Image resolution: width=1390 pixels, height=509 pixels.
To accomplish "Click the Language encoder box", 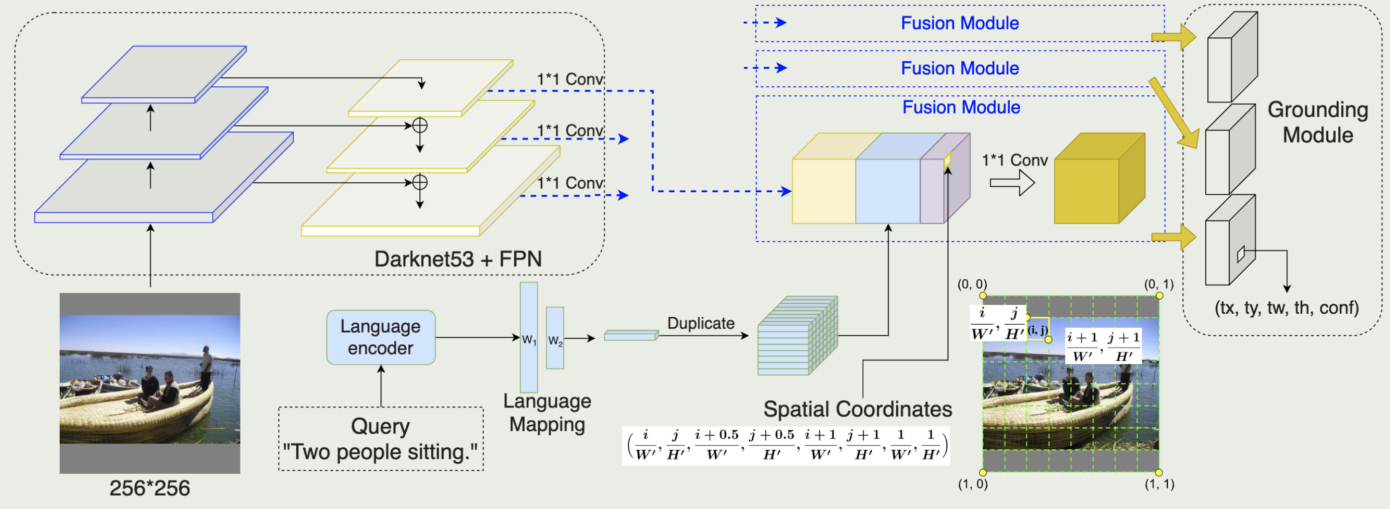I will click(x=380, y=337).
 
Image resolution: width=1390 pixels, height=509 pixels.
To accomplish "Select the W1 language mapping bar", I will click(x=529, y=337).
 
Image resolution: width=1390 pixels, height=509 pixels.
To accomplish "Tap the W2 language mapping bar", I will click(x=555, y=338).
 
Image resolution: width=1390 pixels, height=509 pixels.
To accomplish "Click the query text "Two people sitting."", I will click(x=380, y=452).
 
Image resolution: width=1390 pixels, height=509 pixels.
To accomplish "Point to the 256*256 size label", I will click(x=149, y=489).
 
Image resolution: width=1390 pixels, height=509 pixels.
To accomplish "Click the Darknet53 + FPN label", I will click(x=458, y=259).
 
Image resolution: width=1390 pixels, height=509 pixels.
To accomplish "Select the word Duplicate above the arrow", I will click(x=701, y=323).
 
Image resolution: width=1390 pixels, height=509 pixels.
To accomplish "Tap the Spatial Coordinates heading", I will click(x=857, y=409).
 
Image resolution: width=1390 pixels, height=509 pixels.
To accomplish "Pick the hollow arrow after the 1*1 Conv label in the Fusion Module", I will click(x=1012, y=183).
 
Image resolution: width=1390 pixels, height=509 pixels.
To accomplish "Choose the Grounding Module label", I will click(x=1318, y=123).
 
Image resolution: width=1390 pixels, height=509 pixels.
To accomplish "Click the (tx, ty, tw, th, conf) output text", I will click(x=1286, y=308).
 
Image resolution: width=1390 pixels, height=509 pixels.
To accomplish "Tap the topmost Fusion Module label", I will click(x=960, y=23).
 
